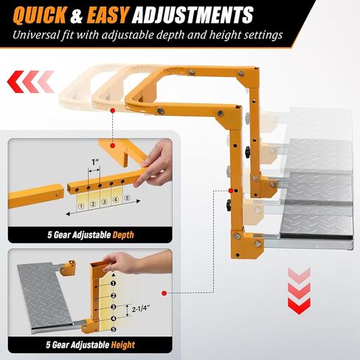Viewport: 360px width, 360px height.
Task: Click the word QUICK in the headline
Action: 39,15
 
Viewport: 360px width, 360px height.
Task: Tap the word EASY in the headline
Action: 108,15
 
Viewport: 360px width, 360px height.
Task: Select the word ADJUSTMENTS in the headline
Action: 193,15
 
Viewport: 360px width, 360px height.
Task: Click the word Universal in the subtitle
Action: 35,35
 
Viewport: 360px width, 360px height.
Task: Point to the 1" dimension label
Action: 95,162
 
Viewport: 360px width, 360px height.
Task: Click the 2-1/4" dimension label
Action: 141,308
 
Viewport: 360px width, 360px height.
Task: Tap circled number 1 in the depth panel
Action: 81,207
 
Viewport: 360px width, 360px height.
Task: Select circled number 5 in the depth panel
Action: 127,198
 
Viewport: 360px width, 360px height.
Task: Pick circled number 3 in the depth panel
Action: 104,202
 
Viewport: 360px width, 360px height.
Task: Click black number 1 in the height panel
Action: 113,283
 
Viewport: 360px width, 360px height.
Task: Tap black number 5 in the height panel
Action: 114,329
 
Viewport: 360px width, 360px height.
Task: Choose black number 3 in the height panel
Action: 114,307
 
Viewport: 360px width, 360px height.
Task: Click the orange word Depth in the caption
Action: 123,235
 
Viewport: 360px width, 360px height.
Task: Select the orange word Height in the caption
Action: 123,345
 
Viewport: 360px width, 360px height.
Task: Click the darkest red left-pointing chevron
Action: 15,82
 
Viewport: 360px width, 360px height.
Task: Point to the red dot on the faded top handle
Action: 113,111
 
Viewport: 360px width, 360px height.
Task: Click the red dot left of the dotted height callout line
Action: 165,293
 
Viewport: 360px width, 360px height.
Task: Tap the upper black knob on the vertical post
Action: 247,152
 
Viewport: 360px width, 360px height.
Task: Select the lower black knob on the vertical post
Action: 229,205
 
